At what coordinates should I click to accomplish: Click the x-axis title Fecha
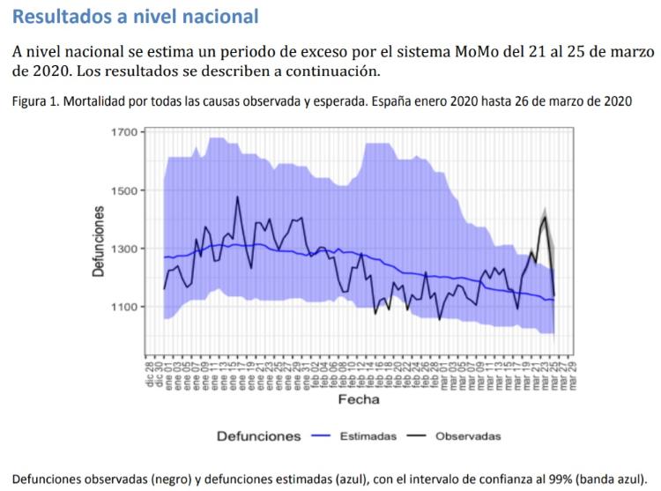point(359,399)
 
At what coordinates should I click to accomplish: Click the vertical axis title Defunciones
point(99,242)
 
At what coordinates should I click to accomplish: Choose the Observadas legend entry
point(469,435)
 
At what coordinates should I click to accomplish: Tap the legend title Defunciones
point(260,435)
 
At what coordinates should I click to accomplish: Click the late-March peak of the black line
point(546,216)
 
